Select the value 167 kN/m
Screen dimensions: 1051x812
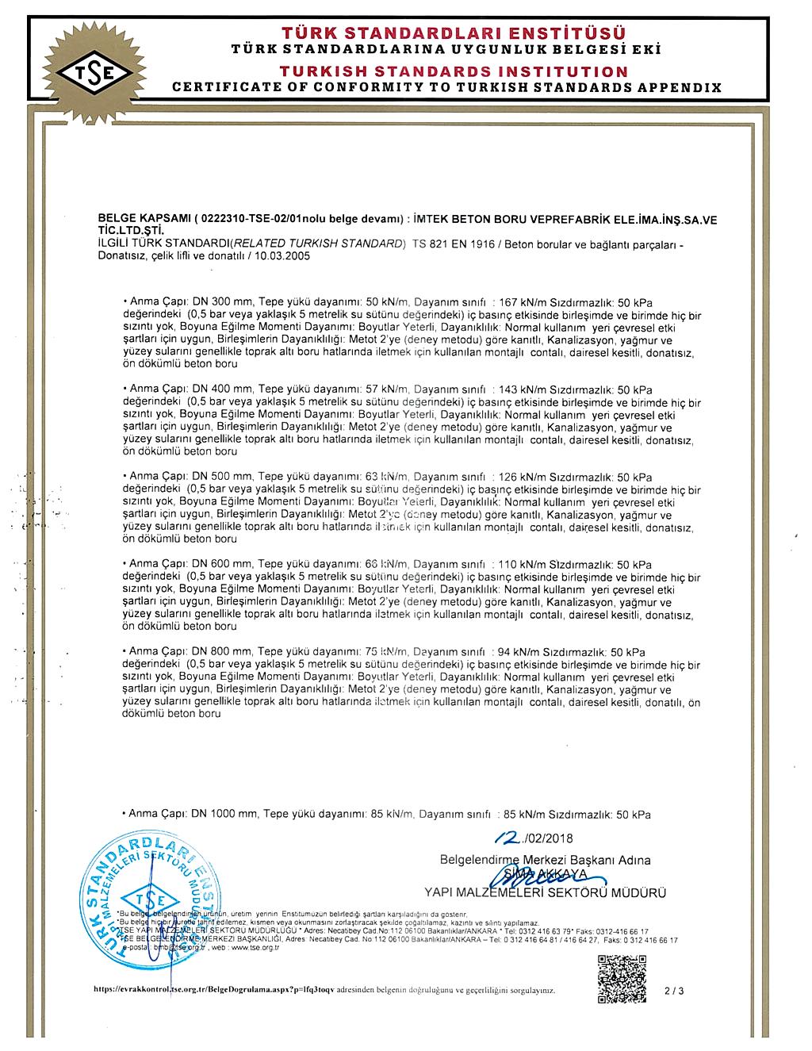pos(521,303)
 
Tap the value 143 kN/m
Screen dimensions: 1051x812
pos(521,389)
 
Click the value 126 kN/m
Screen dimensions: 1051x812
pos(521,477)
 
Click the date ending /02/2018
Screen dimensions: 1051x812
pos(533,838)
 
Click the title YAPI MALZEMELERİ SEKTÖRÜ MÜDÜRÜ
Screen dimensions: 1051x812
pos(545,892)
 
